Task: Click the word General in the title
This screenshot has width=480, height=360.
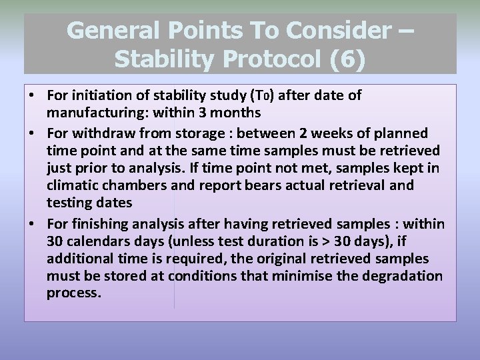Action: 113,31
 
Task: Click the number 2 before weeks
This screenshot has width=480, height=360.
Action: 354,133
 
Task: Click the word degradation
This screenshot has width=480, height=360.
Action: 403,275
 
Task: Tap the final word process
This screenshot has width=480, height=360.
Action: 73,293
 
